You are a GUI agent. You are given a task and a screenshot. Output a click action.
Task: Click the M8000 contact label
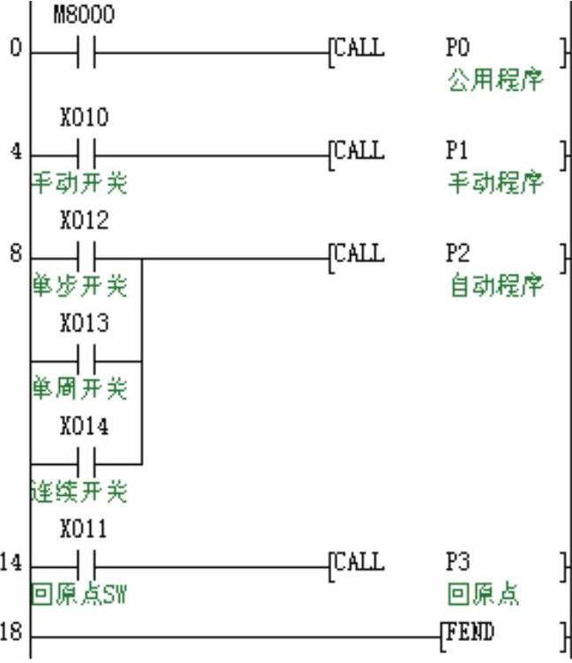85,15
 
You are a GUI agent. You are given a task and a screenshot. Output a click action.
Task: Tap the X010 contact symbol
85,151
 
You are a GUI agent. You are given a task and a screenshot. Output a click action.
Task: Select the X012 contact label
85,221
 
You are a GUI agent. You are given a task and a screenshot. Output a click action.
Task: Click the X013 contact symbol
85,360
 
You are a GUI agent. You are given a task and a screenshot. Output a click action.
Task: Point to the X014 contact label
85,427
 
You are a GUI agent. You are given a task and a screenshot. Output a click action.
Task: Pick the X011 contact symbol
85,564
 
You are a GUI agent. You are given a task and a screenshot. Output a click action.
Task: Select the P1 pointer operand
457,151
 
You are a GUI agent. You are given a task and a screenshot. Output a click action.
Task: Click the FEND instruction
473,631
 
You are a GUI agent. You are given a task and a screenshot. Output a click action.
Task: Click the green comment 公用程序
495,81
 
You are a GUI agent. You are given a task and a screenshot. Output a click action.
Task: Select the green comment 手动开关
80,183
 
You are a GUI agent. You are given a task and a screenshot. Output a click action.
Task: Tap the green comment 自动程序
496,287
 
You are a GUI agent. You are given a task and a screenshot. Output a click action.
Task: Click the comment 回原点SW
79,594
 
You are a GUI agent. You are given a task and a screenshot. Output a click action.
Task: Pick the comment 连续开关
80,491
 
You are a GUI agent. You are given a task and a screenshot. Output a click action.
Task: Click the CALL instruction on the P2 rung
359,254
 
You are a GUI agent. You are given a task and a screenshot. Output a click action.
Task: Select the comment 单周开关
80,388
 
